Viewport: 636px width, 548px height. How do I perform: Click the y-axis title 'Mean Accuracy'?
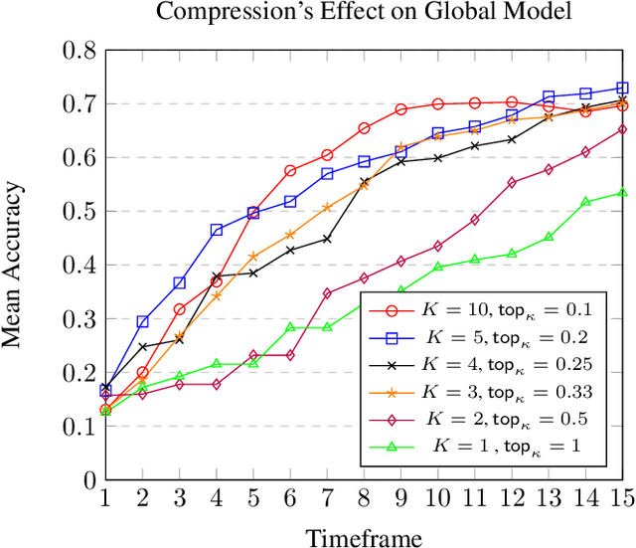tap(14, 264)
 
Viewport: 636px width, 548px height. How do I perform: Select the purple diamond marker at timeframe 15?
tap(622, 129)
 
